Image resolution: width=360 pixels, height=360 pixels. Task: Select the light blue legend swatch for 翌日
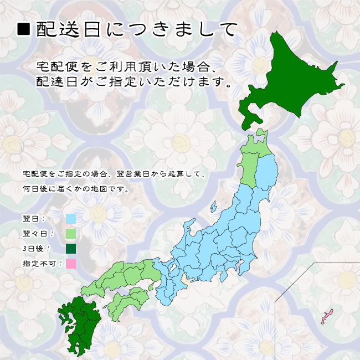70,219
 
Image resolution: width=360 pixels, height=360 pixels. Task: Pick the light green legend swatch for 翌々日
70,234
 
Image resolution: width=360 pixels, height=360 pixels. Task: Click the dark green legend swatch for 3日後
70,248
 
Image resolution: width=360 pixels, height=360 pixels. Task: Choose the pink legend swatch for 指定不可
70,263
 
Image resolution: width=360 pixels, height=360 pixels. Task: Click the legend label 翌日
33,219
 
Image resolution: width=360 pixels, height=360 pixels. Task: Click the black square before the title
23,29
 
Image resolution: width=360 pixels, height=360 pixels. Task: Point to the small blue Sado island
213,207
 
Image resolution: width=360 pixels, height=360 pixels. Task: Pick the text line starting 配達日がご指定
133,82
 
